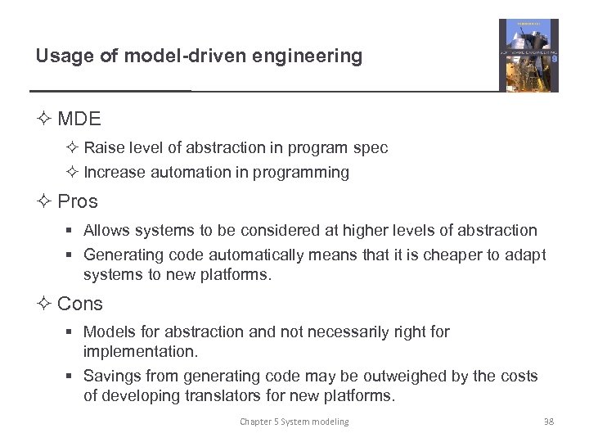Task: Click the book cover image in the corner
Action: click(528, 55)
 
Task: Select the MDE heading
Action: click(79, 119)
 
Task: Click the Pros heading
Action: click(78, 201)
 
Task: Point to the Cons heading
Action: click(80, 304)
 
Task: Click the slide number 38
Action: click(549, 422)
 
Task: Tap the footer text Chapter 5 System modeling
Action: click(294, 422)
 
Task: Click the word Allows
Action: click(108, 231)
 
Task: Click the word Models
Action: click(110, 331)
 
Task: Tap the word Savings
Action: click(113, 377)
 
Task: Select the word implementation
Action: click(141, 352)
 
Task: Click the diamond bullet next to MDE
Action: click(43, 119)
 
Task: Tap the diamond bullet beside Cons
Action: click(43, 304)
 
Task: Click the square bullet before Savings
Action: click(72, 377)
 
